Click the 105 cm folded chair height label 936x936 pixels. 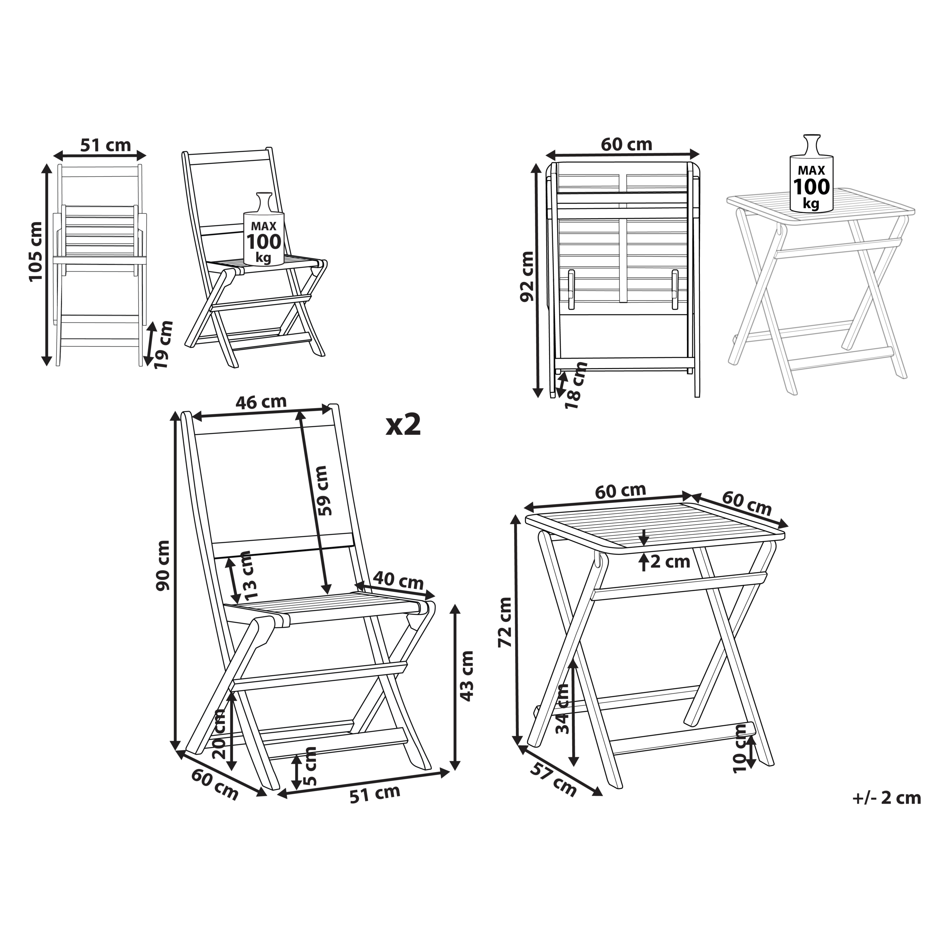click(x=35, y=252)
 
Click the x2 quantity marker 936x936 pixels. click(x=403, y=425)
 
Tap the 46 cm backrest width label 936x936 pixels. click(x=261, y=402)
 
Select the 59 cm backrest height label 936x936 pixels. click(x=321, y=490)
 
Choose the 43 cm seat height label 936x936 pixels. click(x=467, y=676)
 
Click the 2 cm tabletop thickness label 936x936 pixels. click(x=670, y=562)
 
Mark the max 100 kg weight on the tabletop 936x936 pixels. click(x=811, y=173)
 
